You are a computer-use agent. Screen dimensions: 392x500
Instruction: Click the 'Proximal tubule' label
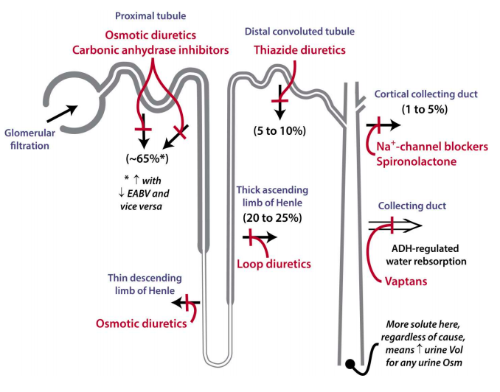point(150,15)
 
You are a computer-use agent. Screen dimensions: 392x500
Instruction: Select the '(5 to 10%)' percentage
point(281,130)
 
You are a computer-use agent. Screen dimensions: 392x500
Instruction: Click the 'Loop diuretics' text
point(274,263)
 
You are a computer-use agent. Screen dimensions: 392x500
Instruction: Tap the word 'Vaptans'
point(405,280)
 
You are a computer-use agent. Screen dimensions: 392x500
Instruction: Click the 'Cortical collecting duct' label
point(426,94)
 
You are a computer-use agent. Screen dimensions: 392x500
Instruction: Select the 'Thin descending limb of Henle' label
point(146,284)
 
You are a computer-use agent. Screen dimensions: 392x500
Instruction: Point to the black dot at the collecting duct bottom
point(353,363)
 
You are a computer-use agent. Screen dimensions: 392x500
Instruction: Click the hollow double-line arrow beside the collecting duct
point(395,225)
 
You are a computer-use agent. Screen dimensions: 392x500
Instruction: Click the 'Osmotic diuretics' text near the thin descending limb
point(141,323)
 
